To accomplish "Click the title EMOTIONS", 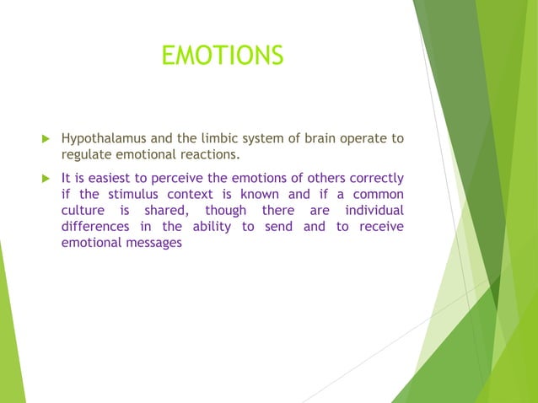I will tap(222, 56).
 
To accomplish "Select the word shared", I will tap(164, 211).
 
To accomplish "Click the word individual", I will tap(371, 211).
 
